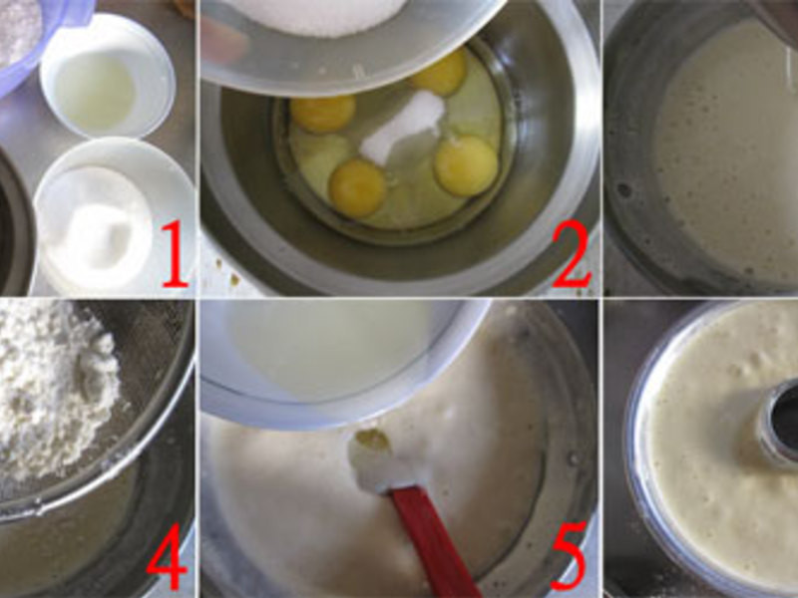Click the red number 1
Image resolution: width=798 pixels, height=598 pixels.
coord(175,254)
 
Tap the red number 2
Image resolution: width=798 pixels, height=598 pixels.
coord(571,256)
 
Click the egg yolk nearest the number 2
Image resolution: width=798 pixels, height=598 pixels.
coord(466,165)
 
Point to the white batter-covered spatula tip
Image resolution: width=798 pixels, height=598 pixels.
coord(377,460)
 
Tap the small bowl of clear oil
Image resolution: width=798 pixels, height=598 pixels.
coord(108,76)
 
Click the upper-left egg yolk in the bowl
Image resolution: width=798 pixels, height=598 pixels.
coord(322,114)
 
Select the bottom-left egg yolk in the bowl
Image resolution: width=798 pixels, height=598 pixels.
coord(357,187)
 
